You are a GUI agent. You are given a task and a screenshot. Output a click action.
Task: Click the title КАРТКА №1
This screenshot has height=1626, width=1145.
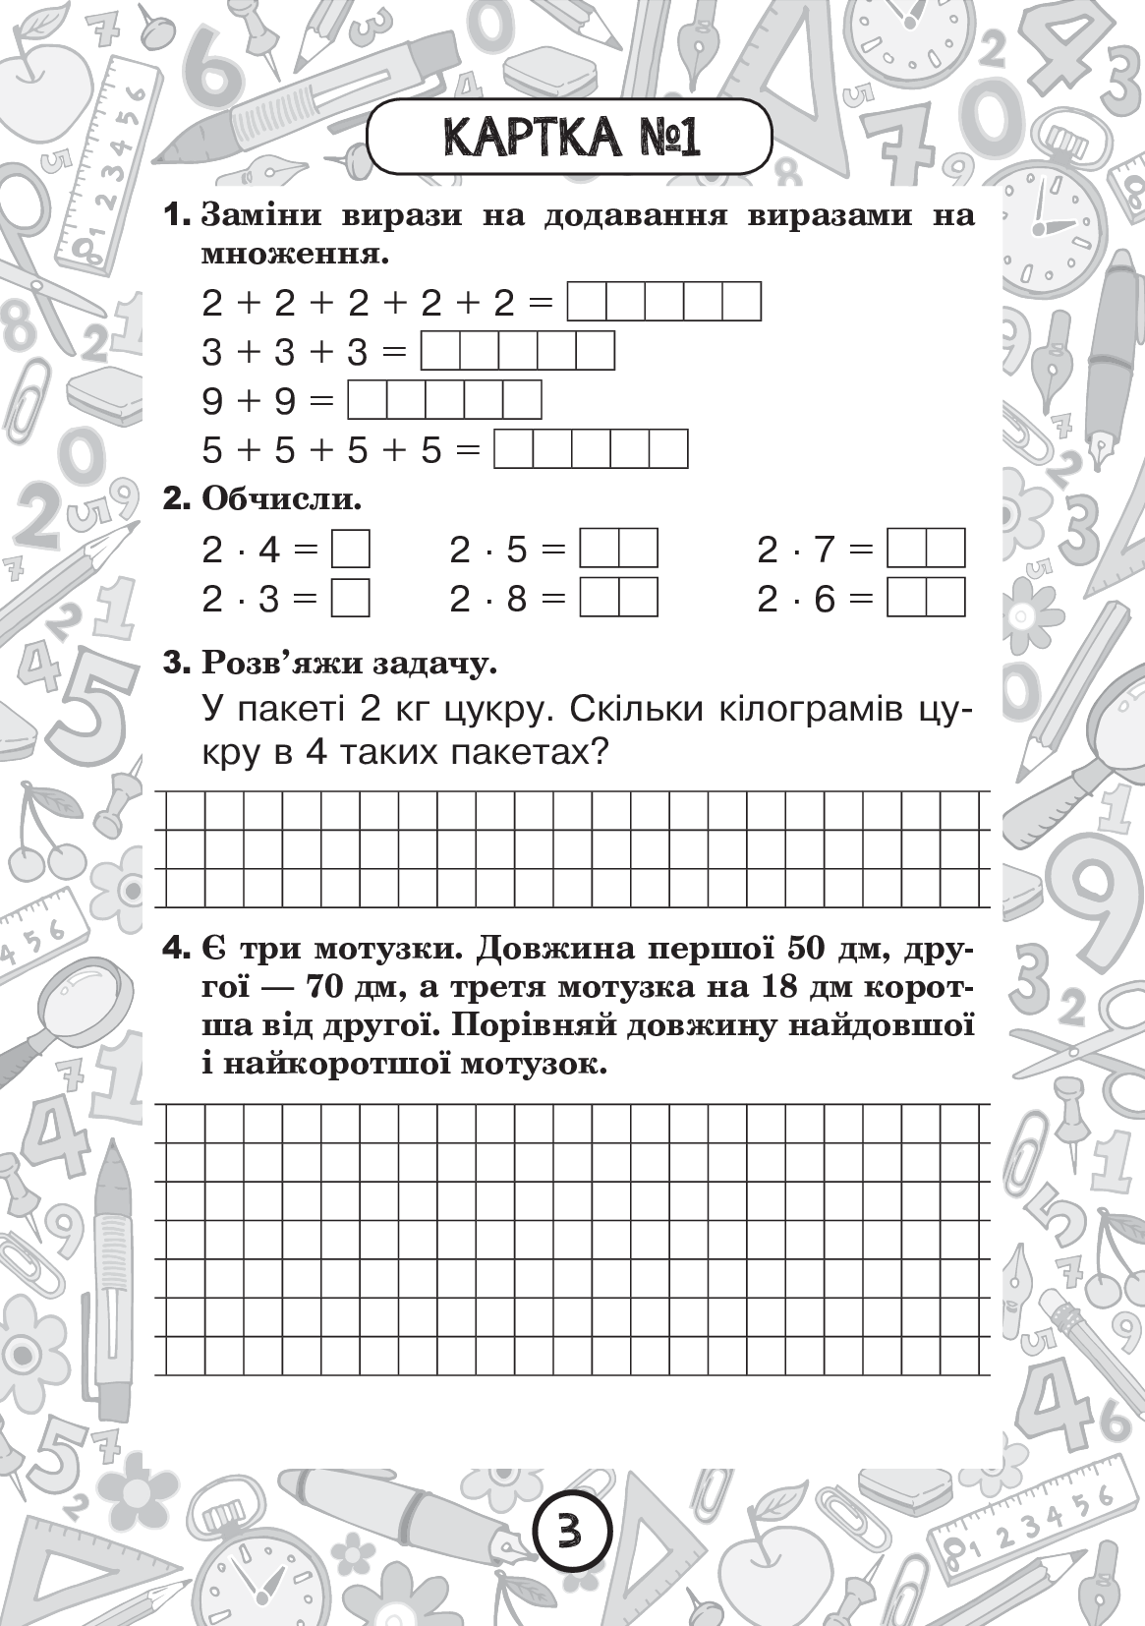[570, 138]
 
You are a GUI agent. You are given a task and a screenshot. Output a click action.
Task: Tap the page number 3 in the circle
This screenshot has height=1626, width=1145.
[572, 1531]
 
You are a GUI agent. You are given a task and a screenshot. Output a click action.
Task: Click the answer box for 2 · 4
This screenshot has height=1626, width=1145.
[351, 550]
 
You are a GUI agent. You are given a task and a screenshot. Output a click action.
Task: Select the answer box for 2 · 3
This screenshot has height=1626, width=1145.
[351, 598]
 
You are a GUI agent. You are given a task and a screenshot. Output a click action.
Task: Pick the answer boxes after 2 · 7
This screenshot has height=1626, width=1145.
[926, 550]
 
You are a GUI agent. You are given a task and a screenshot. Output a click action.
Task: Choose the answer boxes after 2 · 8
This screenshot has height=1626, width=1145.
[618, 598]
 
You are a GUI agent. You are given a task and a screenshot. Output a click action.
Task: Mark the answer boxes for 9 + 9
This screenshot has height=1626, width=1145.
[444, 400]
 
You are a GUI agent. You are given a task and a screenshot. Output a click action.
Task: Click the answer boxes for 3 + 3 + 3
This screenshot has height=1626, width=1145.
[518, 351]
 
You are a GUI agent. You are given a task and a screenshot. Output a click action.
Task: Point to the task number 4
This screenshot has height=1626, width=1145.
[175, 951]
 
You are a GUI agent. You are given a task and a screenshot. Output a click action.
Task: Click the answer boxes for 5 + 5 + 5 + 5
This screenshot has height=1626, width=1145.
[591, 449]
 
